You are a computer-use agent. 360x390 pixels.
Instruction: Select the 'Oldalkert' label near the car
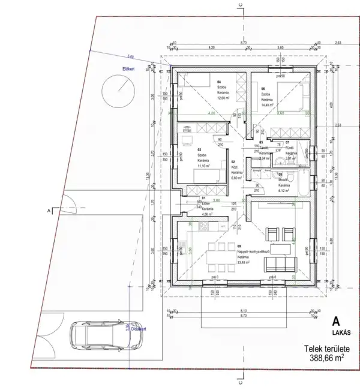138,329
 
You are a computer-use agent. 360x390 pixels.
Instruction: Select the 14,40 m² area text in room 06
267,105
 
